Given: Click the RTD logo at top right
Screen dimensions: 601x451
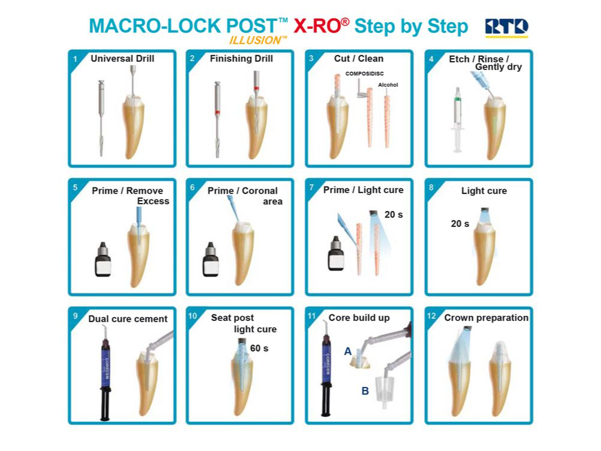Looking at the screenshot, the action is (506, 28).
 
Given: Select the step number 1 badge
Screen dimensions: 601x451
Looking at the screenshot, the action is (75, 59).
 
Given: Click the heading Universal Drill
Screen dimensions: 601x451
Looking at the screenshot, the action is (122, 59).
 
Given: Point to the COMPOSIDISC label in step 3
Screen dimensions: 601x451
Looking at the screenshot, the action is (364, 74).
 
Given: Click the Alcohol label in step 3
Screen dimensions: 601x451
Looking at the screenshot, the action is (388, 85).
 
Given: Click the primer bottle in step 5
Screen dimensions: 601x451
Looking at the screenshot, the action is (103, 259).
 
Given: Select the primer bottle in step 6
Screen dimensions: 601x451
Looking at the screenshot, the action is (211, 259).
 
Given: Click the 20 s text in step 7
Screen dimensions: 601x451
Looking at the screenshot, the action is (393, 215).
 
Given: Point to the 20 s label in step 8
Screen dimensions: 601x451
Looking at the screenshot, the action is (460, 223).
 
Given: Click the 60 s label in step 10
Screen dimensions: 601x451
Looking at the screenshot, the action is (259, 348).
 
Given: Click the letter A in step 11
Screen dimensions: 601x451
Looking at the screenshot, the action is (348, 351).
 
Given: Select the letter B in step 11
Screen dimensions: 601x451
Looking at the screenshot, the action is (365, 391).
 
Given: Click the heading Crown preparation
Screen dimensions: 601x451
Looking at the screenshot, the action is (487, 318).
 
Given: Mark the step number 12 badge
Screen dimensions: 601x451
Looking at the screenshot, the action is (431, 316).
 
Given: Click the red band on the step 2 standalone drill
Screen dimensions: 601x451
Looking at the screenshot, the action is (217, 112).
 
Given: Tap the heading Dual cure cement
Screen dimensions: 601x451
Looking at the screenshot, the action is (128, 319).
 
